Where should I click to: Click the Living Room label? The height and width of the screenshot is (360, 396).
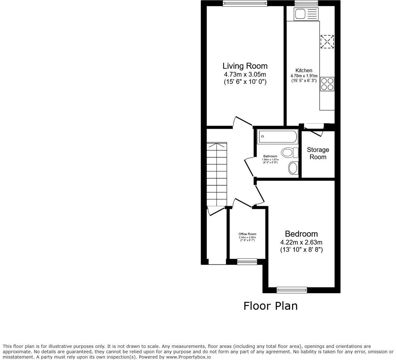tap(245, 66)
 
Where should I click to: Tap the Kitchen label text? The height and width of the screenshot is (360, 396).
tap(304, 70)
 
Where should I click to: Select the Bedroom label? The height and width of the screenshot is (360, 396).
tap(301, 234)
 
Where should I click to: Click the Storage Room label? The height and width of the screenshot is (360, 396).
tap(318, 153)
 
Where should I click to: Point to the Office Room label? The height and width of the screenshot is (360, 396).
tap(247, 234)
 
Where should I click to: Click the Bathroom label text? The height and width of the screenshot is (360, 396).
tap(270, 156)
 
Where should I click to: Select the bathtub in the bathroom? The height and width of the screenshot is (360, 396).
tap(277, 137)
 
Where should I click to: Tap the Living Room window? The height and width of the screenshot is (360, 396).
tap(245, 3)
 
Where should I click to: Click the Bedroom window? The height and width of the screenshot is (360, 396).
tap(292, 290)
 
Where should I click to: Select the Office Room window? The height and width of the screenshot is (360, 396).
tap(247, 261)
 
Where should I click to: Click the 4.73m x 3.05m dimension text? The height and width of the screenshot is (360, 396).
tap(245, 75)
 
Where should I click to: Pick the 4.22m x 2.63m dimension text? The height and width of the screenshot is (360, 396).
tap(301, 242)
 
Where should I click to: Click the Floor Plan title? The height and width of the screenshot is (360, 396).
tap(270, 306)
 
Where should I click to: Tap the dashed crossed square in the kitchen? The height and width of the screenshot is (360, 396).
tap(327, 42)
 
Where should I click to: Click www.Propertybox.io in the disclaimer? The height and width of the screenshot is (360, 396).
tap(188, 357)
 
